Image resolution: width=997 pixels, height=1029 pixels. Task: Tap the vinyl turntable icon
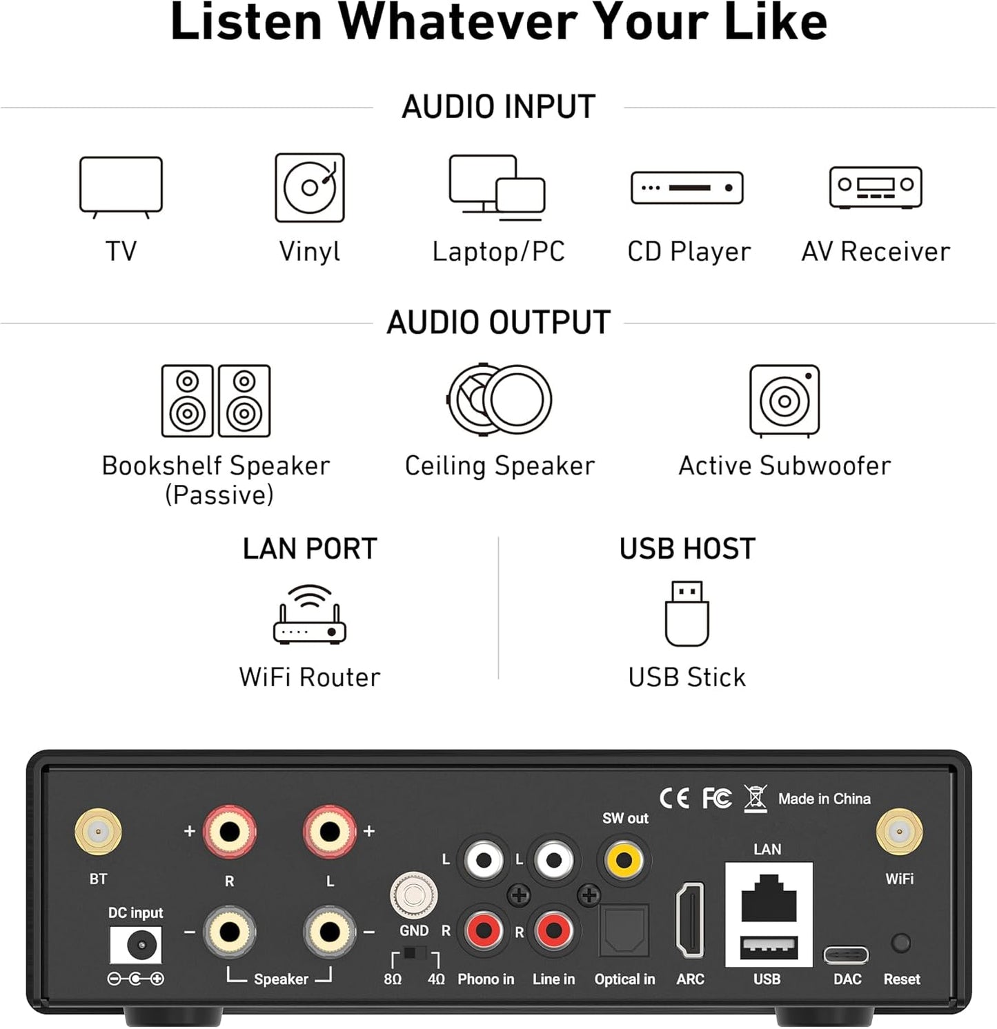310,188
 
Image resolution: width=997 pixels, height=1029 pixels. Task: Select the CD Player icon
687,188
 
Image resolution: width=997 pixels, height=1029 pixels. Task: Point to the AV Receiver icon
876,187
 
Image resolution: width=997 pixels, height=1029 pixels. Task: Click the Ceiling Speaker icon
500,400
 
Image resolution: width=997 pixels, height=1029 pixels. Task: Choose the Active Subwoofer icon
784,401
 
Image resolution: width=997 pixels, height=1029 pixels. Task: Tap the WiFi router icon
310,615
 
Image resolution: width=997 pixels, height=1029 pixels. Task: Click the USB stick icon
687,613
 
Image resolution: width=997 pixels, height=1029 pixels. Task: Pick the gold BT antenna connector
98,832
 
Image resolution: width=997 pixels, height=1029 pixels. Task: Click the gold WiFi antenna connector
899,832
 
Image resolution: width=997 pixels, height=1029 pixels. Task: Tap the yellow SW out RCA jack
624,860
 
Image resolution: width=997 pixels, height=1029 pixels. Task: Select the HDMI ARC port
690,920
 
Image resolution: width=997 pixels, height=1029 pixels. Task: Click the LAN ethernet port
769,898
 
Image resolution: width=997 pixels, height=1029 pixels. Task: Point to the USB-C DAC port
847,955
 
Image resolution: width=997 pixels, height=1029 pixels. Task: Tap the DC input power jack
137,945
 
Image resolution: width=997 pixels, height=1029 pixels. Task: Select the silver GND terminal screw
413,896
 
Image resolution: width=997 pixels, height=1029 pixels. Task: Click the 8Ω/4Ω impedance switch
415,955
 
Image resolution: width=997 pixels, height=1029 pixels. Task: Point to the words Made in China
824,799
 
